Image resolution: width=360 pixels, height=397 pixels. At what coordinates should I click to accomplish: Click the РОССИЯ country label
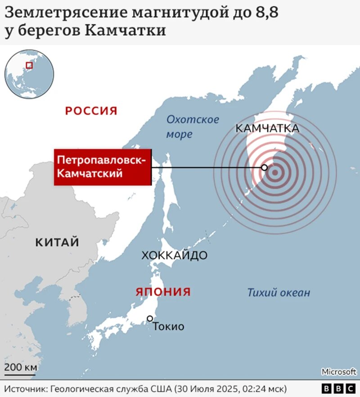point(91,111)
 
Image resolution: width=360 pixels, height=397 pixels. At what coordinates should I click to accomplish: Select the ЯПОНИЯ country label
point(163,292)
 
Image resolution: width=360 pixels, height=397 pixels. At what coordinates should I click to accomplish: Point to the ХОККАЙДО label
point(174,256)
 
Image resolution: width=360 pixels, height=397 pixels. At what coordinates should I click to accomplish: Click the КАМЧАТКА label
point(267,129)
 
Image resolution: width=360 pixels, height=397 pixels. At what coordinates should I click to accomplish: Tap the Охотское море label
point(193,126)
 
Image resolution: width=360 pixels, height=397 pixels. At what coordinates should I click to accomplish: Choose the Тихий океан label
point(279,293)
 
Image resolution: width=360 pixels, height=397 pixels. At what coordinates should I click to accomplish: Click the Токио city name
point(169,327)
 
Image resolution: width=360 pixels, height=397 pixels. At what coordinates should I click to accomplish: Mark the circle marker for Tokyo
point(150,319)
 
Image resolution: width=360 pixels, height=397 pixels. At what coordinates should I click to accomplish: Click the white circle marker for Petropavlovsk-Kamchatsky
point(265,168)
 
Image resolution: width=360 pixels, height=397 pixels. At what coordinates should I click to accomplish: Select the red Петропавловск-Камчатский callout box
point(102,167)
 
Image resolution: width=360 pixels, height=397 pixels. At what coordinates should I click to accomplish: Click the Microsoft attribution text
point(338,372)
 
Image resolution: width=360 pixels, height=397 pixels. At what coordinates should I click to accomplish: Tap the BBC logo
point(339,388)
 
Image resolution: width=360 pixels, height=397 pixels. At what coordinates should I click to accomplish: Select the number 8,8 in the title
point(267,14)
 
